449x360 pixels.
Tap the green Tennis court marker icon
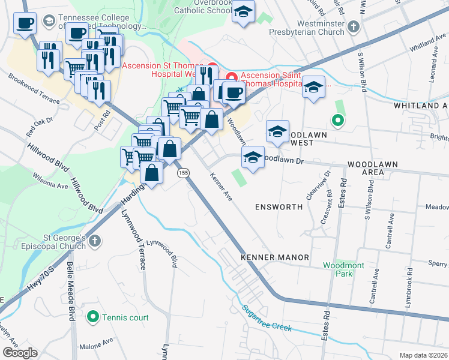tap(93, 316)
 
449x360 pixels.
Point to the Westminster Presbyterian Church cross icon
tap(354, 27)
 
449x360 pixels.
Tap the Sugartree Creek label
tap(267, 319)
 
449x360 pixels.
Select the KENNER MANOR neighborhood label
tap(275, 257)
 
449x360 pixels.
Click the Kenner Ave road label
tap(220, 187)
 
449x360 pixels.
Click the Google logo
tap(19, 353)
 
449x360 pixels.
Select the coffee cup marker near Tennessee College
tap(25, 25)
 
